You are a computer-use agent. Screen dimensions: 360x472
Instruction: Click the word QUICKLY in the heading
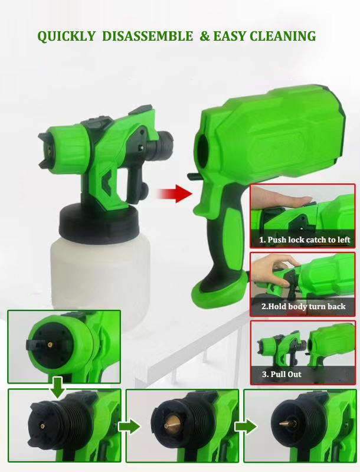[x=66, y=36]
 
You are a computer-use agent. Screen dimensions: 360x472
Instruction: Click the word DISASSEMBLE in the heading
[x=148, y=36]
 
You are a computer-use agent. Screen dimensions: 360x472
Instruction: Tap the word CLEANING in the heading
[x=283, y=36]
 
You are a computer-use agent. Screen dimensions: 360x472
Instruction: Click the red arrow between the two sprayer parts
[x=174, y=194]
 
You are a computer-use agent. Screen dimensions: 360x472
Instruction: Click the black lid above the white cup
[x=99, y=220]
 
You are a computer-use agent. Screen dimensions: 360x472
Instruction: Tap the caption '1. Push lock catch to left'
[x=305, y=240]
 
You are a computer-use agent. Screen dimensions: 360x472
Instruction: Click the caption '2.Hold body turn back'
[x=303, y=306]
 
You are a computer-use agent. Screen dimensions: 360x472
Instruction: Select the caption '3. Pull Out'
[x=282, y=374]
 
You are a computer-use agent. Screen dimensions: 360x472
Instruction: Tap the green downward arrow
[x=57, y=387]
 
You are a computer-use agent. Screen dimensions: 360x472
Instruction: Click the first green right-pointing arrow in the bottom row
[x=129, y=426]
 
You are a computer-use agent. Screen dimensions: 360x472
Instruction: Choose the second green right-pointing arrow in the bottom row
[x=246, y=426]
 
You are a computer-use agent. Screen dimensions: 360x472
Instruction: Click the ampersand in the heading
[x=205, y=36]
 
